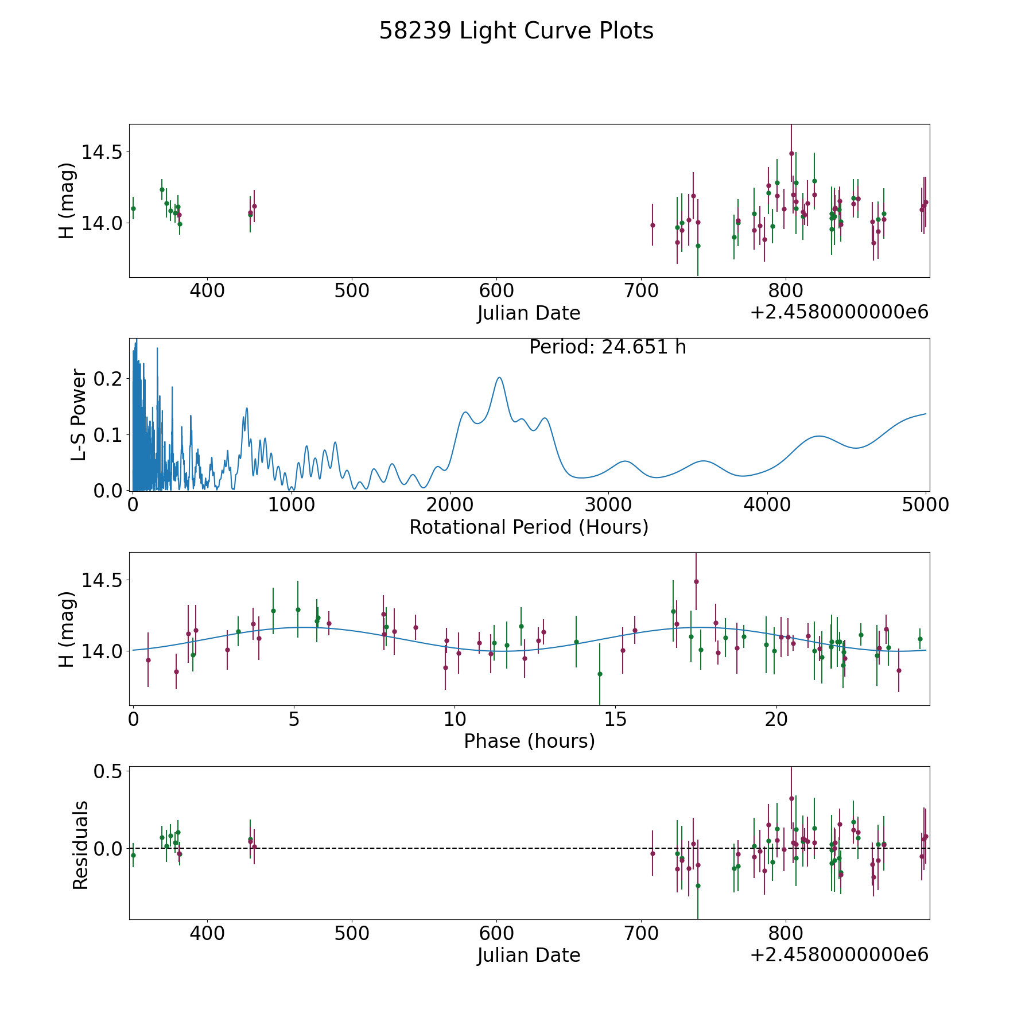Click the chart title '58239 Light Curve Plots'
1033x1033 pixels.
(516, 31)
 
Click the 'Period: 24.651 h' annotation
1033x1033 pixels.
(607, 347)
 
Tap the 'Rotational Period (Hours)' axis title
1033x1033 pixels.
(529, 527)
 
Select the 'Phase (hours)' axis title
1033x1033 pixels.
(529, 741)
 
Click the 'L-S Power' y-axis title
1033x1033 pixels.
(79, 414)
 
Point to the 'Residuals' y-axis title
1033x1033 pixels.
(80, 845)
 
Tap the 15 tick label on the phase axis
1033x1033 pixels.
(615, 720)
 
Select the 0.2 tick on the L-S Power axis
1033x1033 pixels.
(109, 379)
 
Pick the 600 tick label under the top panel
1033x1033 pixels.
(496, 291)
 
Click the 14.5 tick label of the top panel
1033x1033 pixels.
(102, 152)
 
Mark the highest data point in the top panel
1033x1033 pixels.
(791, 153)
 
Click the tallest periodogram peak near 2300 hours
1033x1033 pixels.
(499, 378)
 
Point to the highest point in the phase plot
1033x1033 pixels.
(696, 581)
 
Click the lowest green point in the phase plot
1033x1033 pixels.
(600, 674)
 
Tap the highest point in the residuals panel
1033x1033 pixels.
(791, 798)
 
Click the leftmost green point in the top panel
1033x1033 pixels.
(133, 208)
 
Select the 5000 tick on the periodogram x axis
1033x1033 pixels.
(926, 505)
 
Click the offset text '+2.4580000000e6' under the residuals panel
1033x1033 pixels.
(839, 955)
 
